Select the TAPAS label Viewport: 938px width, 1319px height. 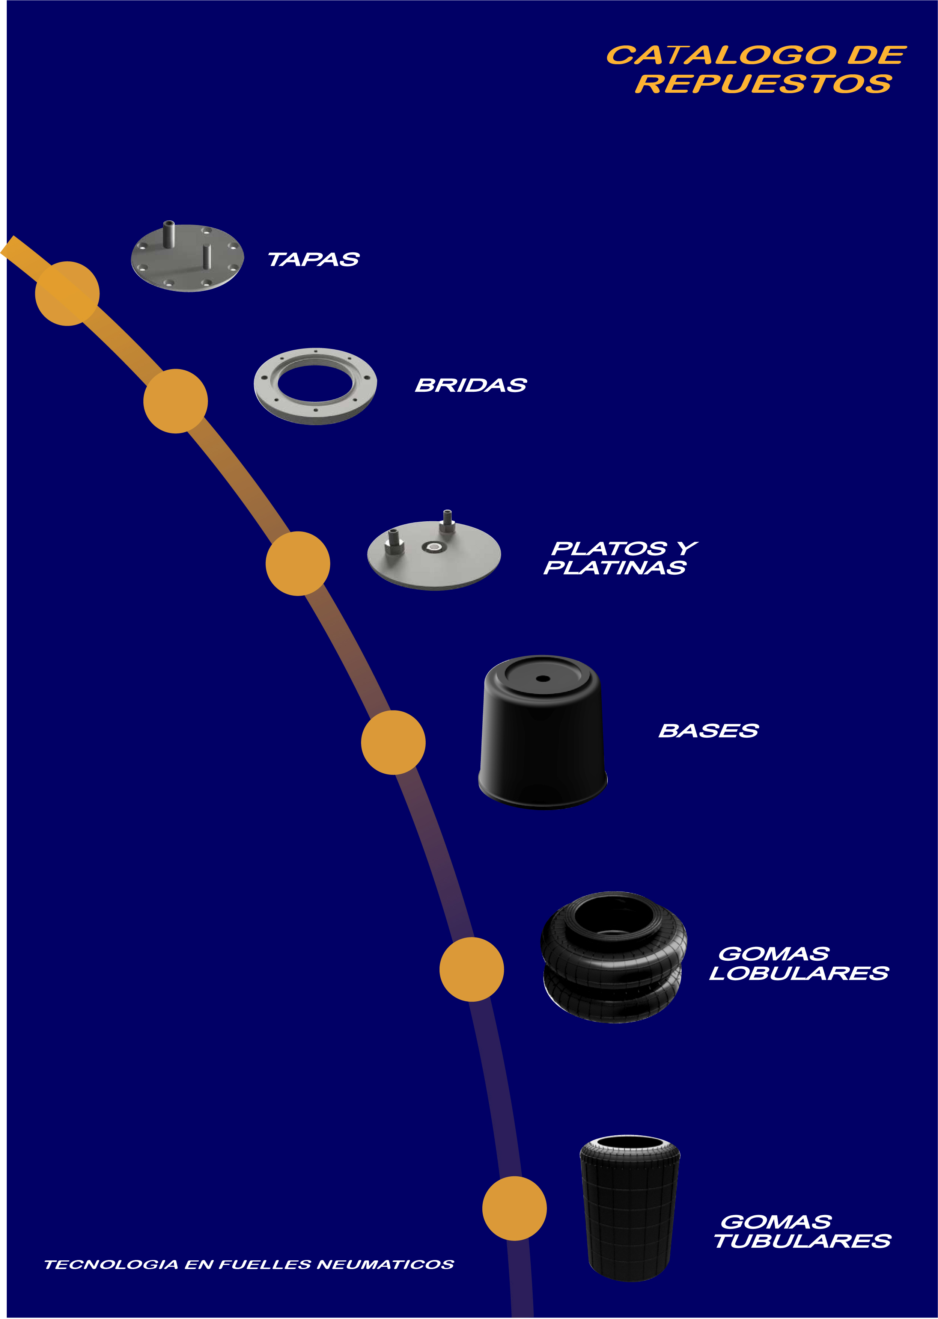(x=314, y=260)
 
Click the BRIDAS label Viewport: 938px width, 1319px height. (x=471, y=385)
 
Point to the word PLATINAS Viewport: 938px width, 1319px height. (x=614, y=568)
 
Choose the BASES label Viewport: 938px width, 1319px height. (x=708, y=731)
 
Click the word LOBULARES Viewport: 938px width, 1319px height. (x=799, y=973)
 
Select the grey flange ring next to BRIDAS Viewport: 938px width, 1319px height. (x=315, y=386)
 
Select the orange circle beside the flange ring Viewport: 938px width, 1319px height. (x=176, y=401)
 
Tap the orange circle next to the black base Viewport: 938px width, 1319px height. (x=393, y=743)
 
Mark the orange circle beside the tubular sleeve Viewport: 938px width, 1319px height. (x=514, y=1208)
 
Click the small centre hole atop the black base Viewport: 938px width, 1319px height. (x=542, y=678)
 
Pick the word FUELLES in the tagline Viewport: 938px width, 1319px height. (x=266, y=1265)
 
